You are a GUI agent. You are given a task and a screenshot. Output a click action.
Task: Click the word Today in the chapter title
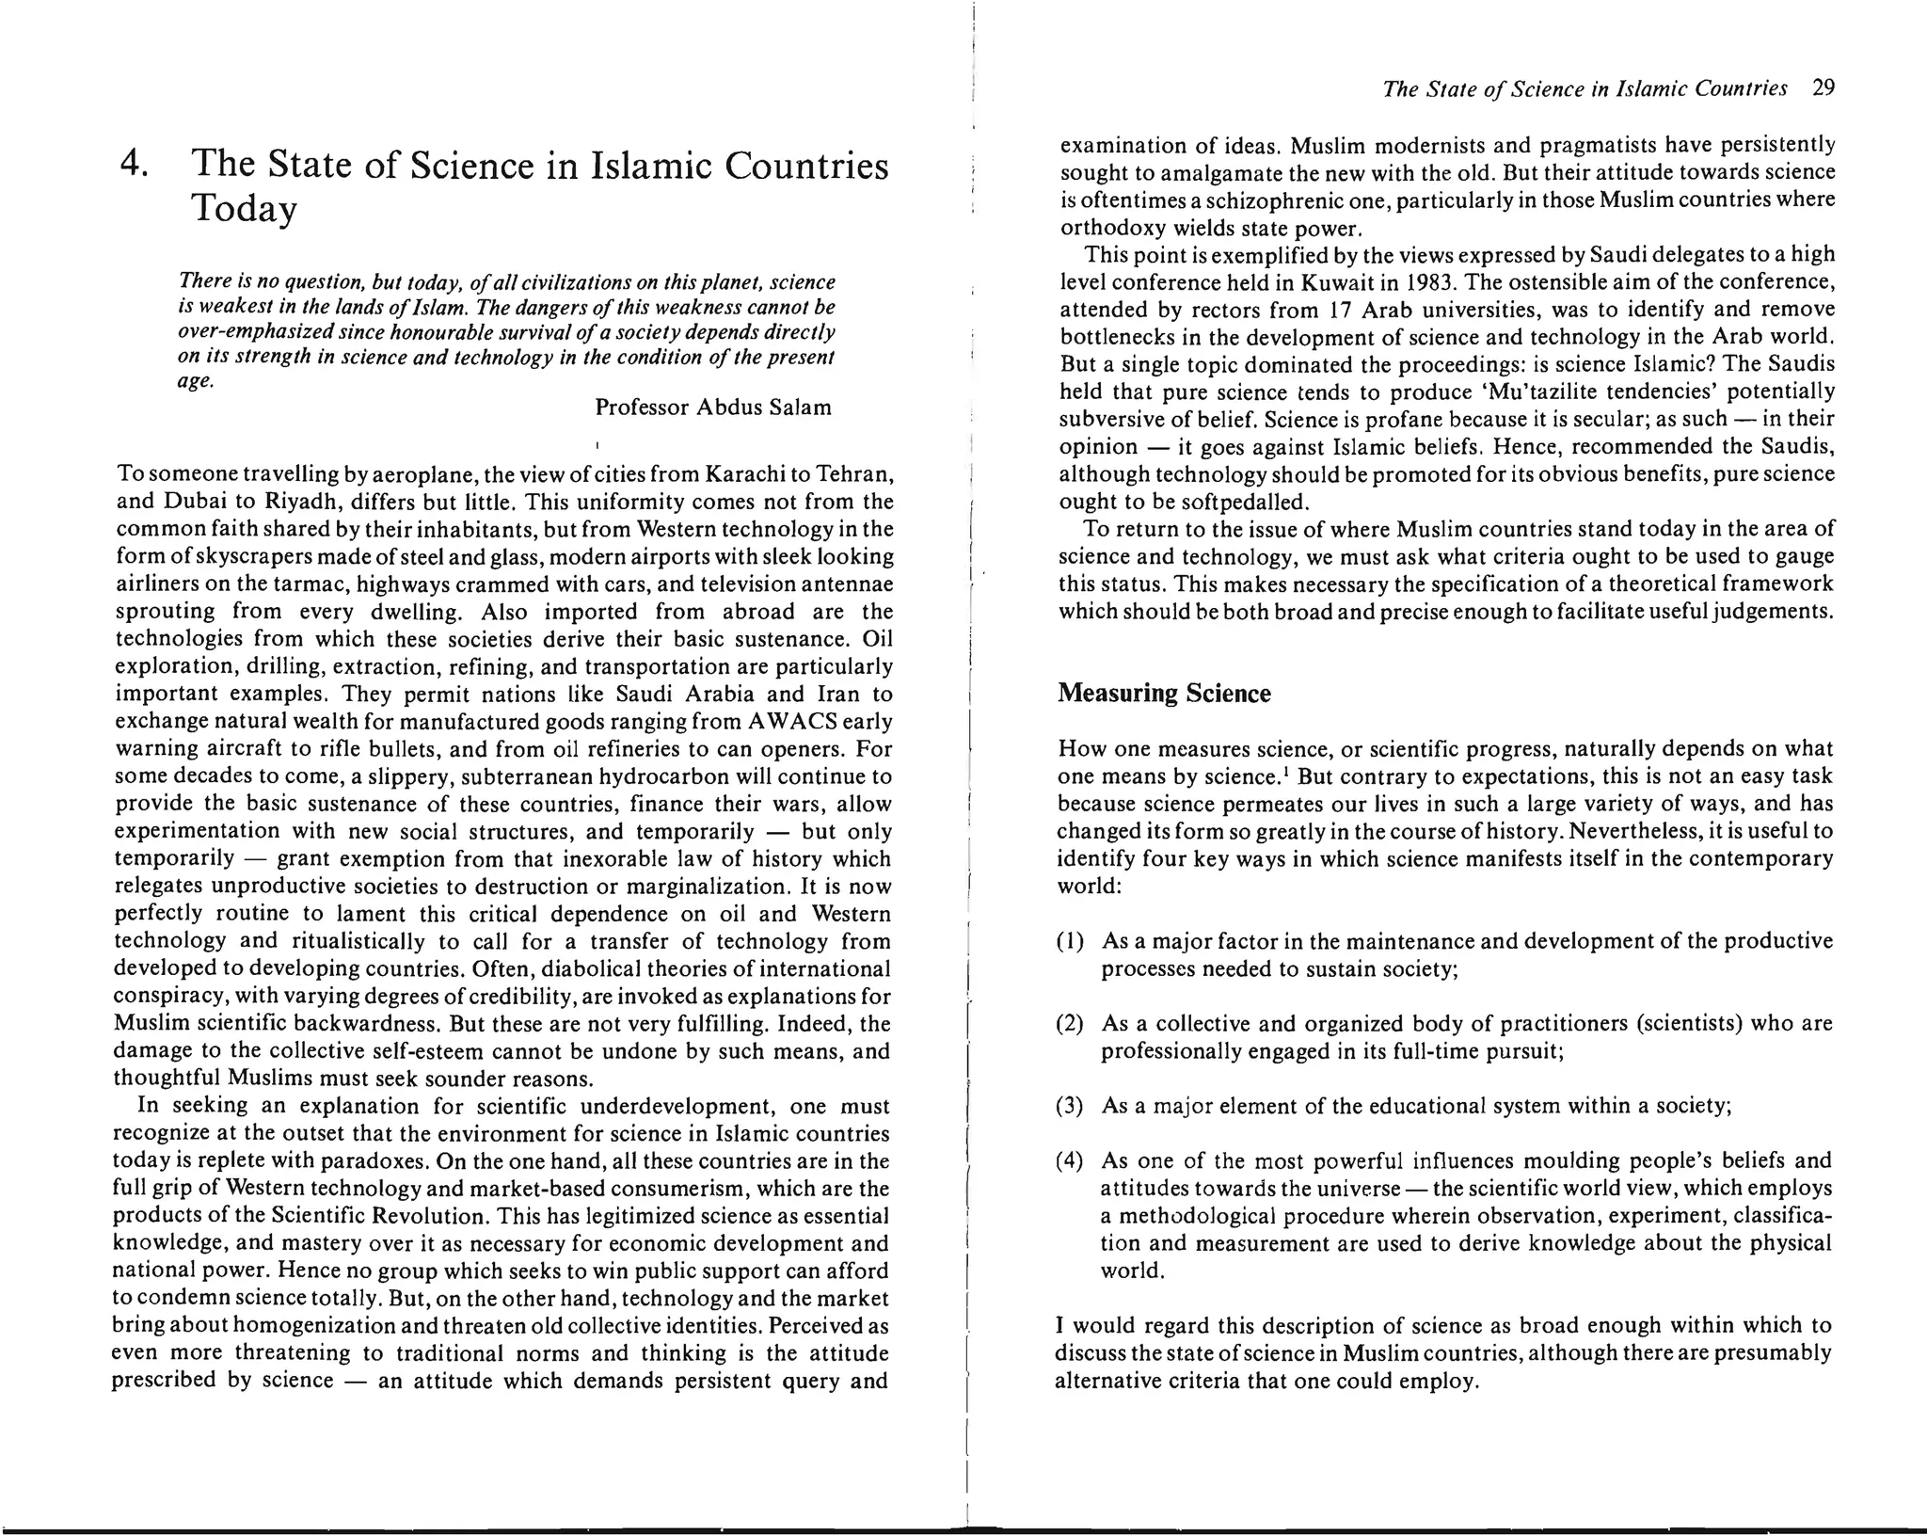click(244, 208)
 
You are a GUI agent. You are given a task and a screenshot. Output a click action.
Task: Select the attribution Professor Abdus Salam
click(713, 408)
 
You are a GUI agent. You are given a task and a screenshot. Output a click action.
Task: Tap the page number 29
click(1823, 88)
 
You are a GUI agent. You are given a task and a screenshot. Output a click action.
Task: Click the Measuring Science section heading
click(1163, 694)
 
